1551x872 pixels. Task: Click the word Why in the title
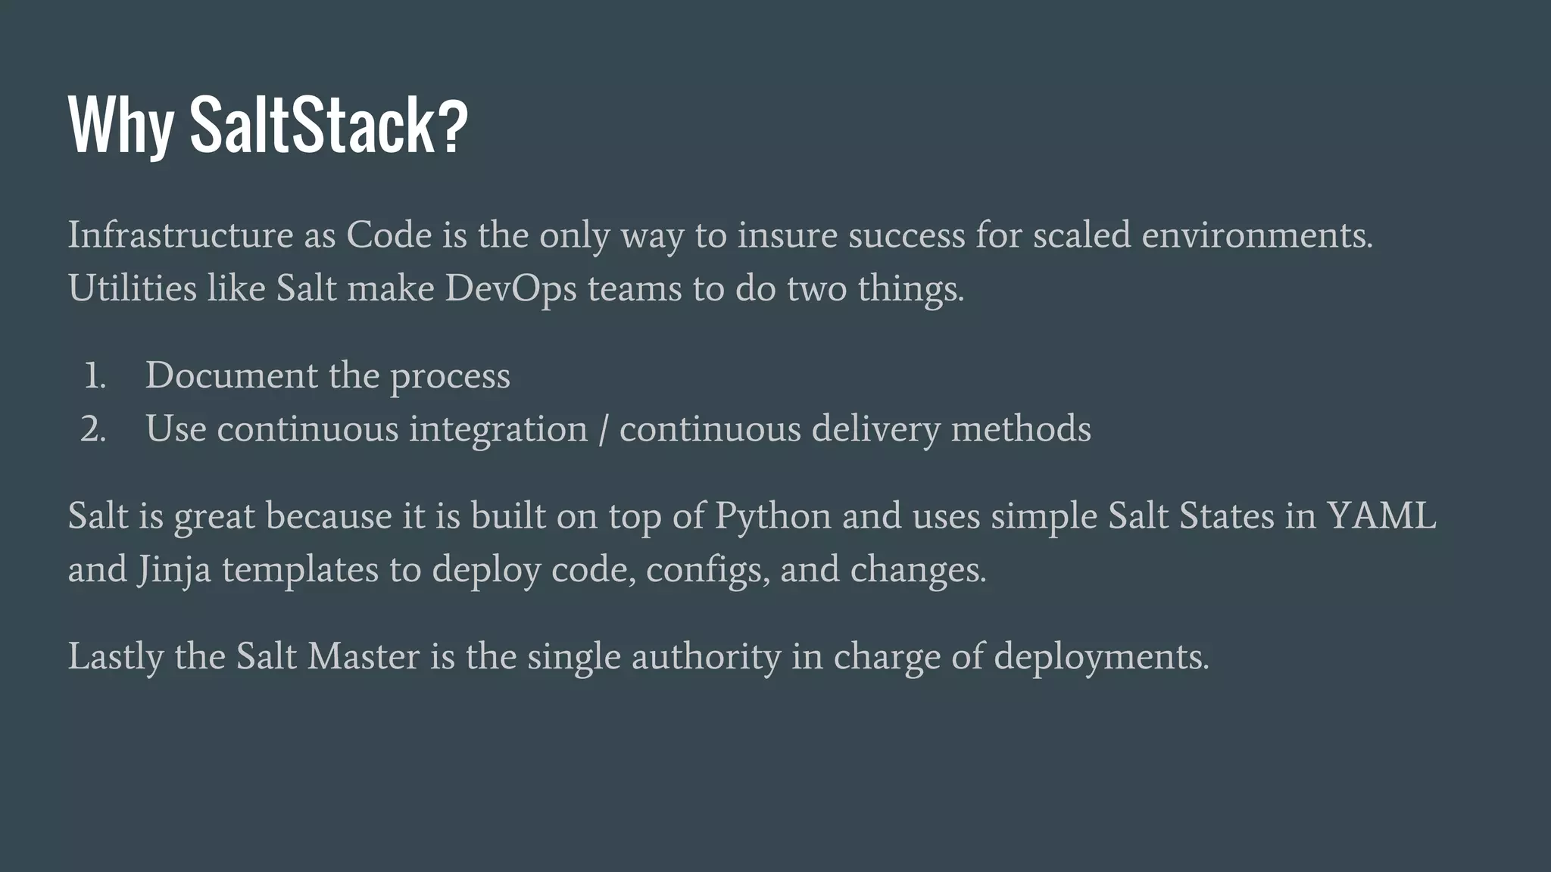(120, 125)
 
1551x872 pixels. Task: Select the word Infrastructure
(180, 235)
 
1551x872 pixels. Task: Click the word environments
(1256, 235)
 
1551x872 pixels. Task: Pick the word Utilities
(133, 288)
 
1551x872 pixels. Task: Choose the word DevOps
(510, 289)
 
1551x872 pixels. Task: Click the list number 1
(94, 376)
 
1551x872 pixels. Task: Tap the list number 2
(93, 429)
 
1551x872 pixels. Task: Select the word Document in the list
(231, 375)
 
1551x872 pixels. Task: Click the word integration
(498, 429)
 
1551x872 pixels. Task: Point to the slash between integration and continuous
(603, 430)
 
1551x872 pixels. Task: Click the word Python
(773, 516)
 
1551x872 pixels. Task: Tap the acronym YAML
(1381, 515)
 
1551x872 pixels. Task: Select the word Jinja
(174, 570)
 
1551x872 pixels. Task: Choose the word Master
(363, 656)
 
